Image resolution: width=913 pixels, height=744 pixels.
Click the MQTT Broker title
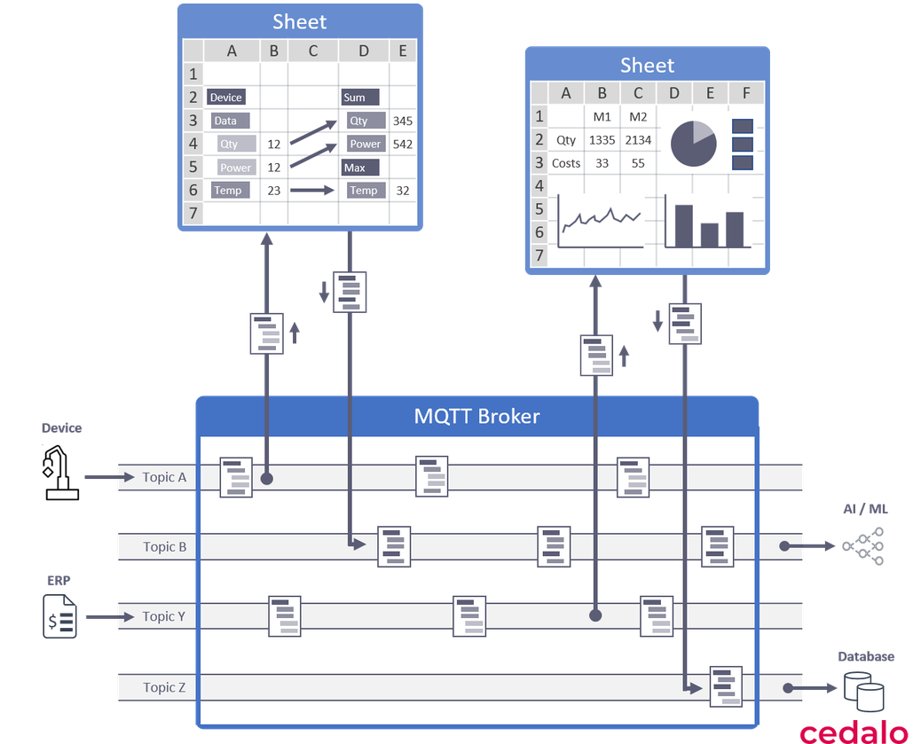tap(476, 416)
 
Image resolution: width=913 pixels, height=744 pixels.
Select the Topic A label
tap(164, 477)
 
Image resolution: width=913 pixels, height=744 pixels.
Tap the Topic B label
tap(164, 546)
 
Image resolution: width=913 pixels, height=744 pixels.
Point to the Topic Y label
tap(164, 615)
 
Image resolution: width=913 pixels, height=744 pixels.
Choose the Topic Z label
tap(164, 687)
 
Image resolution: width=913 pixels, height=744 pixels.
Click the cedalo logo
tap(854, 732)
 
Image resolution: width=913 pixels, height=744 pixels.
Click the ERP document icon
tap(59, 615)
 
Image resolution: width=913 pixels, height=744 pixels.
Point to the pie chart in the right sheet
tap(693, 143)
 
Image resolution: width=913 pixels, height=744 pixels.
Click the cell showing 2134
tap(637, 140)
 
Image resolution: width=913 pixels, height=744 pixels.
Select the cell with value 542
tap(402, 144)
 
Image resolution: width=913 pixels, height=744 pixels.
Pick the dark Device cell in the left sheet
tap(225, 98)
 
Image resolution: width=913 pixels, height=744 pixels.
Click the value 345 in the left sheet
tap(402, 121)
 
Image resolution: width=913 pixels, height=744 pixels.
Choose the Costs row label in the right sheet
tap(566, 163)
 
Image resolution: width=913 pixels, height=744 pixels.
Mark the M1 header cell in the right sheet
tap(602, 117)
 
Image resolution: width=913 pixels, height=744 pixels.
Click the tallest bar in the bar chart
tap(683, 226)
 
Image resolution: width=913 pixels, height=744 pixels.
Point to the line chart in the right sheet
tap(600, 222)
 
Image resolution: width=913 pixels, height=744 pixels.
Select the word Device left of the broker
tap(61, 428)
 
